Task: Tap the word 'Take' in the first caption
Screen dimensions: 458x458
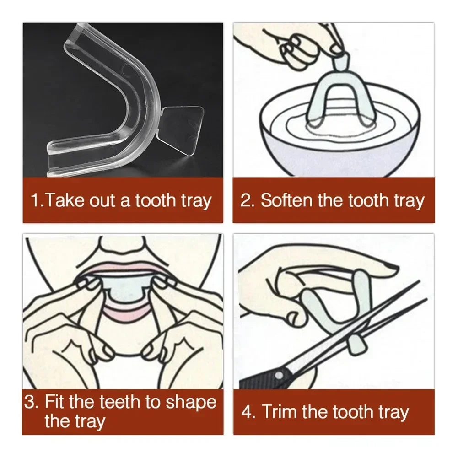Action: [62, 200]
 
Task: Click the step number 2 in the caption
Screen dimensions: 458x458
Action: [247, 200]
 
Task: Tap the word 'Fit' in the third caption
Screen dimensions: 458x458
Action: [55, 403]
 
